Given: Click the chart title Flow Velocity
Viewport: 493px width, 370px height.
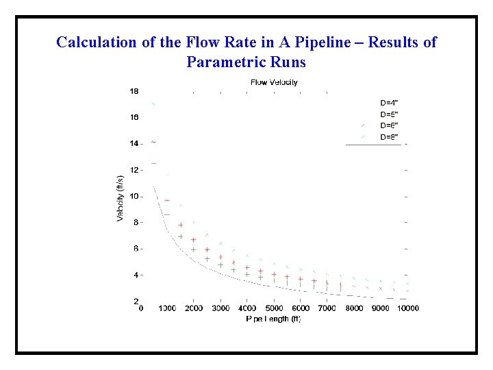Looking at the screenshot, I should tap(274, 82).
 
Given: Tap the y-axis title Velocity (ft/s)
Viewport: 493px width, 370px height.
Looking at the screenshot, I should tap(121, 196).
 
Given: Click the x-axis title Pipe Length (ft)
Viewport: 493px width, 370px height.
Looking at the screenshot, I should tap(273, 319).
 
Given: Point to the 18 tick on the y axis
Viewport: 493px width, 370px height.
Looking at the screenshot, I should tap(134, 91).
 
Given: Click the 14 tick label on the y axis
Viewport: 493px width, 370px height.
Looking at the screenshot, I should tap(134, 144).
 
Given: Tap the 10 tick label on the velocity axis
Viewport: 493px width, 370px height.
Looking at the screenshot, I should tap(134, 196).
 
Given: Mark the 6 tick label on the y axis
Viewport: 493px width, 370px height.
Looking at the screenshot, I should tap(136, 249).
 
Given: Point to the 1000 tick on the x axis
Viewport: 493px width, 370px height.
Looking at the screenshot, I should tap(166, 308).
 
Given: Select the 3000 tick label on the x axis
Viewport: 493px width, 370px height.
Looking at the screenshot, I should tap(220, 308).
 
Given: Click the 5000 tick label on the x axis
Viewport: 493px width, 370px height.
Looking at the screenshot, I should tap(274, 308).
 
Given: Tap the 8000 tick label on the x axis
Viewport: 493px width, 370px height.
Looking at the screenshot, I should tap(354, 308).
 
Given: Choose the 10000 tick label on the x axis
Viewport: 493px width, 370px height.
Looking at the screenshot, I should tap(407, 308).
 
